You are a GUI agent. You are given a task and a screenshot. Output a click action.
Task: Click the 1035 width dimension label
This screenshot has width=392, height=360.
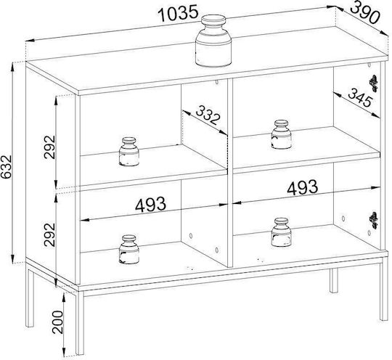click(179, 14)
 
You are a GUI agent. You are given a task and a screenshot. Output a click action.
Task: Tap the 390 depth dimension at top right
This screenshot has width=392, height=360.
click(365, 12)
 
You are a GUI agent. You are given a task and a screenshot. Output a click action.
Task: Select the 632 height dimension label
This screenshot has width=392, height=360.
click(6, 167)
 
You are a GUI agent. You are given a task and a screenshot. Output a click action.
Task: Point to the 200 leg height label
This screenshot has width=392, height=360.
click(58, 322)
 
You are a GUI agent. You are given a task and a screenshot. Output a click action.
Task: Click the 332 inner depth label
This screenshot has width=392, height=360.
click(208, 115)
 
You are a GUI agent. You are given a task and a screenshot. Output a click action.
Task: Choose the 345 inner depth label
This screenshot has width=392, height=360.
click(361, 97)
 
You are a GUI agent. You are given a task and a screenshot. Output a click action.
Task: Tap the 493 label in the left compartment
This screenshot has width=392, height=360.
click(150, 204)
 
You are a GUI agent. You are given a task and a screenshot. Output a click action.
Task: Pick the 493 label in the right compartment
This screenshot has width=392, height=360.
click(303, 187)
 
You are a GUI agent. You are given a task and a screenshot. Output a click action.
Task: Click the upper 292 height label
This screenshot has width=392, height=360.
click(49, 147)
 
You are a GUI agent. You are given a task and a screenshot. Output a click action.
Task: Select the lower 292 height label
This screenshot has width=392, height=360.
click(49, 234)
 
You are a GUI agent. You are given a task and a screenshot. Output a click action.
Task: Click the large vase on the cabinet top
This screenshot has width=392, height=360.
click(213, 41)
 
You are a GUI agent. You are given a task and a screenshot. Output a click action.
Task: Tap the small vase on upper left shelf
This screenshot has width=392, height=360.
click(129, 152)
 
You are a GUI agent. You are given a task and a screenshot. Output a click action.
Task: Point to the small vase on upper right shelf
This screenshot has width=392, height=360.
click(282, 135)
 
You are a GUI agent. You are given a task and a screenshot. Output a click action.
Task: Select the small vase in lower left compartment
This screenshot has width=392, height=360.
click(129, 250)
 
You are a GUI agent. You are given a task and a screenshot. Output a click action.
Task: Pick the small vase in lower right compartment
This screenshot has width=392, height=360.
click(282, 232)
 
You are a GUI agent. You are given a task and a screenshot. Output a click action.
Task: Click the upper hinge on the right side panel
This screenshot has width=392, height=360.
click(374, 83)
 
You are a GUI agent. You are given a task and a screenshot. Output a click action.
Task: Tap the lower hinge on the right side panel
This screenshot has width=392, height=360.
click(374, 220)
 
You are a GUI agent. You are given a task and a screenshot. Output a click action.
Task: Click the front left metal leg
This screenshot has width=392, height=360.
click(80, 323)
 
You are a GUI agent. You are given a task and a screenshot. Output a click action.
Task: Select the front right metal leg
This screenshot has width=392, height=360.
click(384, 288)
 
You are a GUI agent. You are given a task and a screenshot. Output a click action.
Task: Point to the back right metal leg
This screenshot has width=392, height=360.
click(333, 280)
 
